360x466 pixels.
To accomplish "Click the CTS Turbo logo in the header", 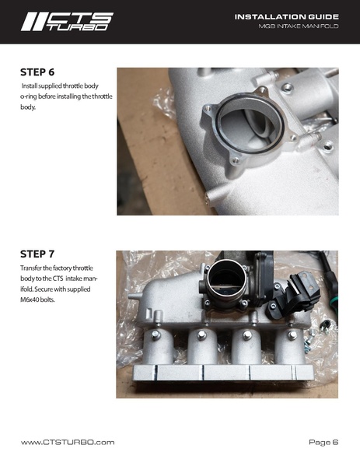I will point(67,21).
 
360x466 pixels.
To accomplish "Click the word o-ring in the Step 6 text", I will point(33,97).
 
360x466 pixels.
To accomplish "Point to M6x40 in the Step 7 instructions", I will point(36,300).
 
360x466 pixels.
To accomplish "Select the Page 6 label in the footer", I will point(323,442).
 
